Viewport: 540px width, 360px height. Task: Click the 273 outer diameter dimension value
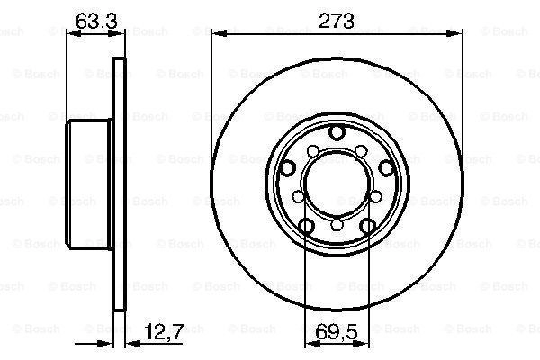(x=336, y=21)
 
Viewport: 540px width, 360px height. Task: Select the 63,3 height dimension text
(x=96, y=21)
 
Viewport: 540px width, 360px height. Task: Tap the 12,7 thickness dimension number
(x=164, y=332)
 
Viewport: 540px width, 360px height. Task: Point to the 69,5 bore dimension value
(x=337, y=332)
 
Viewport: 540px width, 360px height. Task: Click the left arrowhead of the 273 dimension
(x=219, y=34)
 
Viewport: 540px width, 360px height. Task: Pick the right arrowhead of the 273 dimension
(x=454, y=34)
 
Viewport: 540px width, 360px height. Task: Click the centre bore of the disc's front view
(x=337, y=184)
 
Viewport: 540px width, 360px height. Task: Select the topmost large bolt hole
(x=337, y=132)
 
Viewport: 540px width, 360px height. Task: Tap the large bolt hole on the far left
(x=288, y=168)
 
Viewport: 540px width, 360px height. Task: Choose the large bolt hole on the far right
(x=386, y=168)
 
